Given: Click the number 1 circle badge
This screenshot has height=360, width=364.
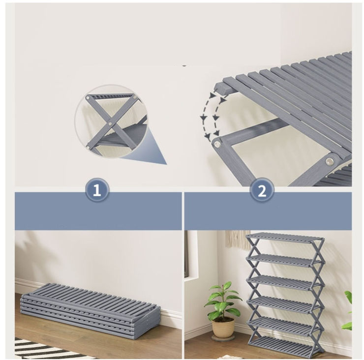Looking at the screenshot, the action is (97, 190).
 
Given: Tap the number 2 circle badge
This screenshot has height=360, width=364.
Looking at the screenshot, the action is (262, 190).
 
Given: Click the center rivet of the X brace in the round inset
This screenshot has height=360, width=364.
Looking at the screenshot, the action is (110, 124).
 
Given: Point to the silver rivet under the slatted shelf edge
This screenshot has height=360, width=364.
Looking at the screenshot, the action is (329, 161).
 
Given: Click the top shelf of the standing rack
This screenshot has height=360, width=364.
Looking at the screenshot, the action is (285, 238).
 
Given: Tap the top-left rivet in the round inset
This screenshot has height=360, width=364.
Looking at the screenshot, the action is (88, 98).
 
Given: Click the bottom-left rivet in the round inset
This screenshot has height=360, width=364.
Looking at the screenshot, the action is (88, 148).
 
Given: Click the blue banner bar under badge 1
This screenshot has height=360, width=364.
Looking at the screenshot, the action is (98, 211).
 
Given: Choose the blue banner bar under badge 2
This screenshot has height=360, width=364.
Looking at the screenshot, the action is (268, 211).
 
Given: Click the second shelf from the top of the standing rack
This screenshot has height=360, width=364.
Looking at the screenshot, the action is (285, 260).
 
